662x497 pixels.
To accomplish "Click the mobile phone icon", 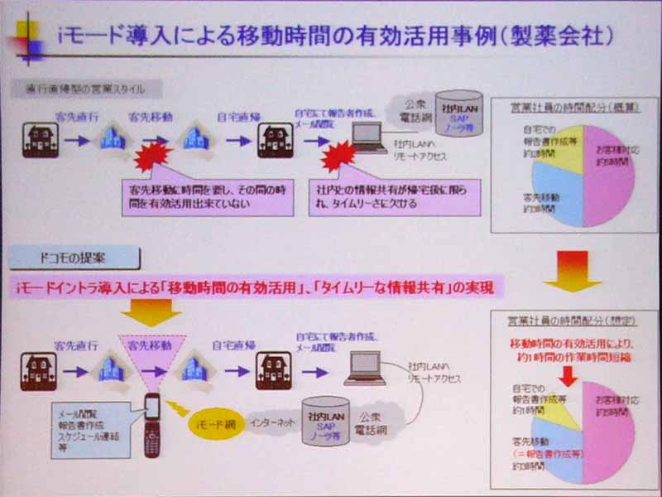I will pyautogui.click(x=151, y=423).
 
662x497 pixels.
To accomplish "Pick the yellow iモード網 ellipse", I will pyautogui.click(x=213, y=423).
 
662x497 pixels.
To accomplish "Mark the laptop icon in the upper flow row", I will pyautogui.click(x=367, y=136).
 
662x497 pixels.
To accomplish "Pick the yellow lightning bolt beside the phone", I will pyautogui.click(x=179, y=409).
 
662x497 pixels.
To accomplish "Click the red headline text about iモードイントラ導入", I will pyautogui.click(x=256, y=287).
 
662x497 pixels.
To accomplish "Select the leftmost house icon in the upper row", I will pyautogui.click(x=39, y=139).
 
